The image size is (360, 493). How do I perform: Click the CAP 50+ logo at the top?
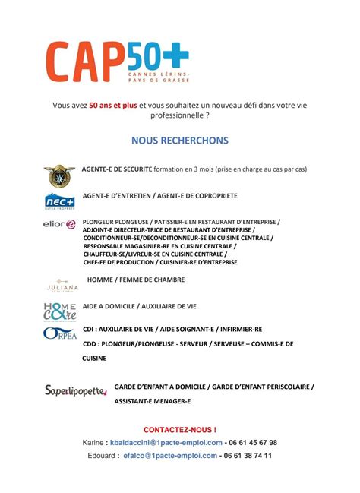click(118, 63)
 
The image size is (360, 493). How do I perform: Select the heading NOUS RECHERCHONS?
click(179, 141)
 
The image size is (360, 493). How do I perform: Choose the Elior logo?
click(60, 224)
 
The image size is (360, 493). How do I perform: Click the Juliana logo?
click(62, 286)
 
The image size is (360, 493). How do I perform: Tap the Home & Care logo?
click(59, 311)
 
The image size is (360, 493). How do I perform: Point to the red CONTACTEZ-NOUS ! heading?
click(179, 429)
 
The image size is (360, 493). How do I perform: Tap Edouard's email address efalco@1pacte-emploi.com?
click(167, 456)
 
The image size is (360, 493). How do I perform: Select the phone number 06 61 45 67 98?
click(253, 442)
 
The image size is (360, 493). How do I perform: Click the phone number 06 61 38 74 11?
click(248, 456)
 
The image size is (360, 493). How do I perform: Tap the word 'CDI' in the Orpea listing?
click(88, 330)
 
